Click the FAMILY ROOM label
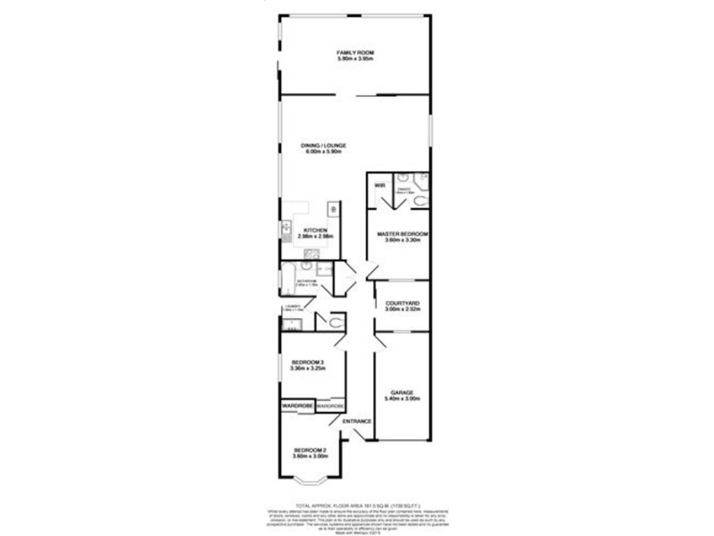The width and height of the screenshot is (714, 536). pos(355,54)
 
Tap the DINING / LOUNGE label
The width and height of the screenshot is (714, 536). pos(325,145)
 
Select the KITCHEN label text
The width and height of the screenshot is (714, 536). pos(316,230)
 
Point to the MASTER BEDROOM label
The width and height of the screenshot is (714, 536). pos(403,234)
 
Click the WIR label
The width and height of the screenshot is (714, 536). pos(379,186)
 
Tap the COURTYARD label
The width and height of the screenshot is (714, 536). pos(403,304)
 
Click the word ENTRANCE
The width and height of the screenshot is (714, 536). pos(357,421)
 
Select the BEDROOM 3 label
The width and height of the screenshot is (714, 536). pos(306,362)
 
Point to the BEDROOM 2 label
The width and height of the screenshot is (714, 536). pos(308,450)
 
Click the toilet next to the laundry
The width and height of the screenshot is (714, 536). pos(334,322)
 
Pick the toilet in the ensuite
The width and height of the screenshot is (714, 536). pos(420,205)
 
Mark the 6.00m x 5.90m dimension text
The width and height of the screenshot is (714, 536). pos(325,152)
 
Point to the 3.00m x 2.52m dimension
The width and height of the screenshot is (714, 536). pos(403,310)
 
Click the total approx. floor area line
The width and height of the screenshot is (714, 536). pos(355,506)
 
